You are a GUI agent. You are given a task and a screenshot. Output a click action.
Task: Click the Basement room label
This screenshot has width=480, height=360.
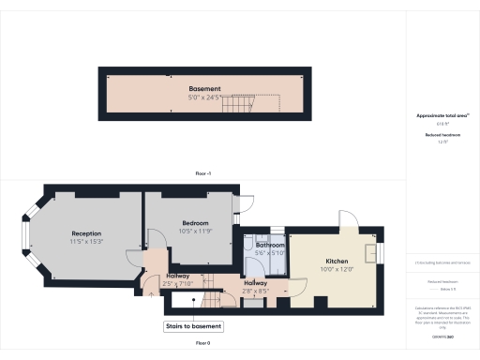pos(203,88)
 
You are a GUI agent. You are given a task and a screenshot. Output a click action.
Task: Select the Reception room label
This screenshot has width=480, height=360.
pos(86,233)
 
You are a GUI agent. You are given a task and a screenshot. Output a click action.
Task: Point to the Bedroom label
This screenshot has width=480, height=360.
pos(194,223)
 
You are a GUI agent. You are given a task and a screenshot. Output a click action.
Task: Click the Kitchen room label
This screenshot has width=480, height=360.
pos(337,261)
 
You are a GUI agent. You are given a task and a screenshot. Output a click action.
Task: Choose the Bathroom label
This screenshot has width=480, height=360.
pos(270,245)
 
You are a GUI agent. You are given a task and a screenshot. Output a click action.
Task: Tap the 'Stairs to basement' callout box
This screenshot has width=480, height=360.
pos(194,326)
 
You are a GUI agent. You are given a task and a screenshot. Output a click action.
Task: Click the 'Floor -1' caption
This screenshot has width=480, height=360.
pos(203,174)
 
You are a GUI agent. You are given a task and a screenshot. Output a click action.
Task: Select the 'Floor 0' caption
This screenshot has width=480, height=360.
pos(203,344)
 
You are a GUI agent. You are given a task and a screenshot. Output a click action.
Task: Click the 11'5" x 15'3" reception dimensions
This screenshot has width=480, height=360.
pos(86,242)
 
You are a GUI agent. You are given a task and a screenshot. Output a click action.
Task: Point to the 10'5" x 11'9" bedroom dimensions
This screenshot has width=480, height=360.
pos(194,231)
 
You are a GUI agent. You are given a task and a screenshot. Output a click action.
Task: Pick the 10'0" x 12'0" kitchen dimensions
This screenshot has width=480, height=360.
pos(337,269)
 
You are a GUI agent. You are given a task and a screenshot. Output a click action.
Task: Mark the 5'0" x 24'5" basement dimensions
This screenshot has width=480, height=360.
pos(203,97)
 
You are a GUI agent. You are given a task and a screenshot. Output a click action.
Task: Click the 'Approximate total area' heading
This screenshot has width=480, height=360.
pos(442,115)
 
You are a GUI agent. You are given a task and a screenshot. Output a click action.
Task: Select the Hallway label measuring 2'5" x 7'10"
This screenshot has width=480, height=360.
pos(178,276)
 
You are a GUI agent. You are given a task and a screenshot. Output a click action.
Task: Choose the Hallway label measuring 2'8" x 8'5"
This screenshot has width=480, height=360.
pos(256,283)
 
